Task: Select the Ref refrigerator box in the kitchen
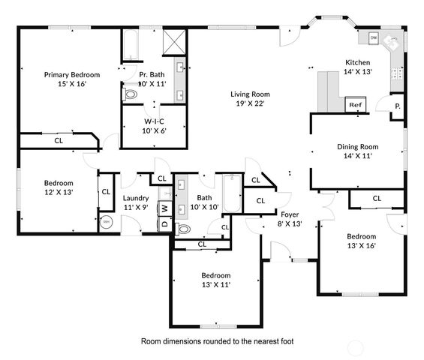click(x=356, y=106)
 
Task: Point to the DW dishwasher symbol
click(x=373, y=37)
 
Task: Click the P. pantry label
click(x=397, y=106)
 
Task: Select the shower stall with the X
click(x=174, y=41)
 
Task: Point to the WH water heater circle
click(x=107, y=222)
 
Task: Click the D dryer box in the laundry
click(x=164, y=223)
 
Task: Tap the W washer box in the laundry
click(x=164, y=208)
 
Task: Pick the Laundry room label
click(x=137, y=199)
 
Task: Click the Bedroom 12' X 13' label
click(x=58, y=183)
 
